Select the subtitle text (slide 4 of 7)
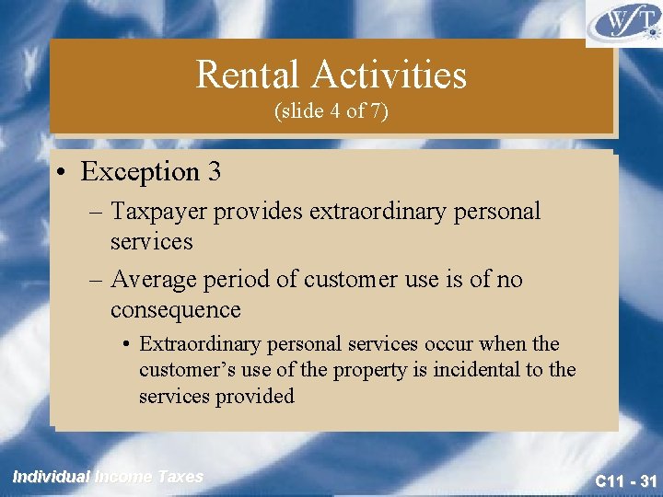tap(331, 110)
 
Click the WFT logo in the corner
tap(622, 22)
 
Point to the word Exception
tap(140, 171)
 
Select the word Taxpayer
tap(160, 212)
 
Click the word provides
tap(260, 212)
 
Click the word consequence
tap(175, 309)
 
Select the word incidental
tap(479, 370)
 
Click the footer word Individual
tap(51, 476)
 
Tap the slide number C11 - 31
tap(625, 480)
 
